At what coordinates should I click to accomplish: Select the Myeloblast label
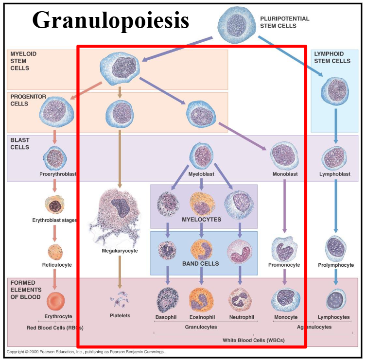[201, 173]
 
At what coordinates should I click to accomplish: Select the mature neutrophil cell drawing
[239, 299]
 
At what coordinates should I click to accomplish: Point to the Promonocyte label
[284, 265]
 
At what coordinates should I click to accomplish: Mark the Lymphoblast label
[335, 173]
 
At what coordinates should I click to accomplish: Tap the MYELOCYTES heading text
[201, 219]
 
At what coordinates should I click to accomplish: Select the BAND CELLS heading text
[200, 263]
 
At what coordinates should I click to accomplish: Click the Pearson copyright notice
[86, 351]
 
